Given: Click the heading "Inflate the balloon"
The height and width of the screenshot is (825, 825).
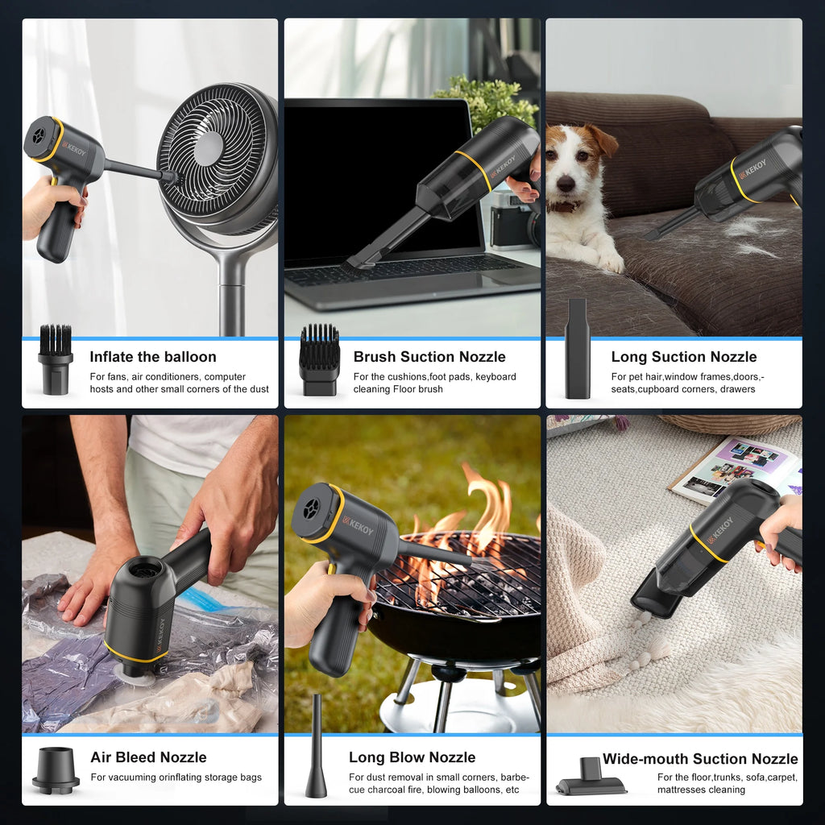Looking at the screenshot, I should (x=153, y=357).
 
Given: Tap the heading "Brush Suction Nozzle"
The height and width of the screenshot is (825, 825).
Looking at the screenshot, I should (x=429, y=357).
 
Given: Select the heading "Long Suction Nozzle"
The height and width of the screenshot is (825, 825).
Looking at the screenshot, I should (x=684, y=357).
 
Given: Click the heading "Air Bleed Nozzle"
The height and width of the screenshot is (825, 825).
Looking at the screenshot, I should (x=148, y=757).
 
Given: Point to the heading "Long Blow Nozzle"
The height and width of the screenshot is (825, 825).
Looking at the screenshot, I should (x=412, y=757).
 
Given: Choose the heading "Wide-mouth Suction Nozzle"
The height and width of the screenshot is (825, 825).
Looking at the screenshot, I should (x=700, y=759).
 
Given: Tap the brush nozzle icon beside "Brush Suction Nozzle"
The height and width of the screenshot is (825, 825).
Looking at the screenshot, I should (x=319, y=360).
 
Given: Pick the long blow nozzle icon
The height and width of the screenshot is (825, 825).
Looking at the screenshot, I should (x=316, y=748).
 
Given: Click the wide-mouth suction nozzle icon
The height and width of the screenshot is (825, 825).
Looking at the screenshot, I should (x=591, y=777).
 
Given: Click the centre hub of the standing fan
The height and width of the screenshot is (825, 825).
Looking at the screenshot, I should (x=209, y=148).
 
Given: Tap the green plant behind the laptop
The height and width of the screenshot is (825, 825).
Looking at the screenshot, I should (x=486, y=100).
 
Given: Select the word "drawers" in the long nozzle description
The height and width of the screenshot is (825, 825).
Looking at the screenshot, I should (x=738, y=389).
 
